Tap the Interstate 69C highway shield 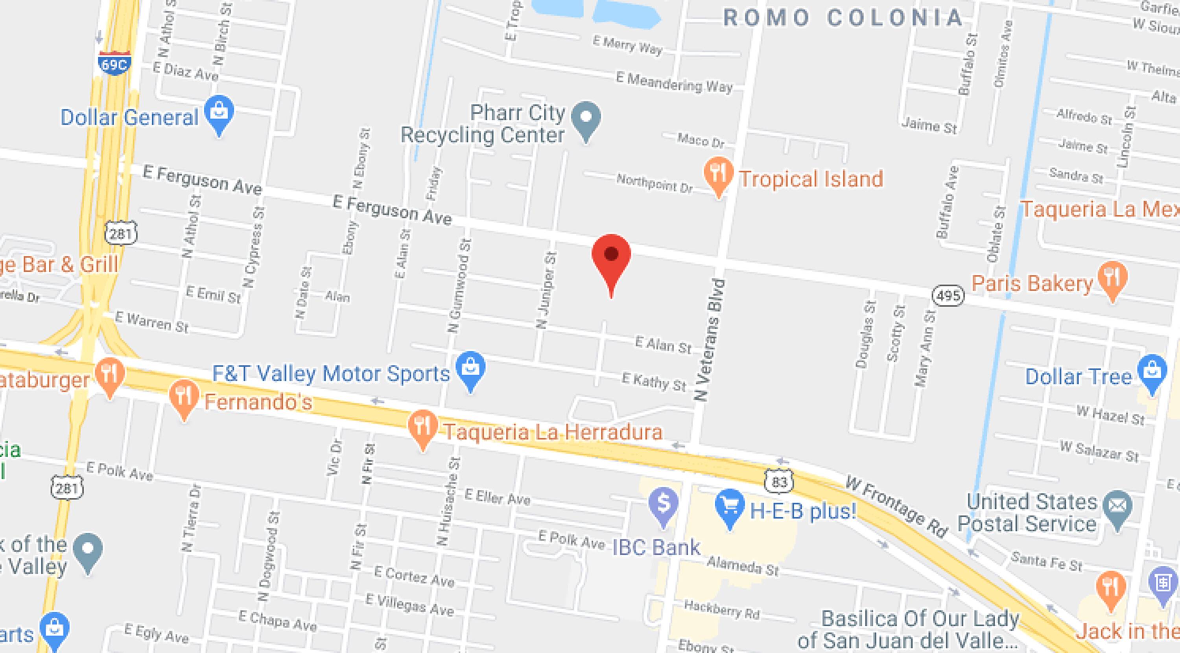(x=114, y=63)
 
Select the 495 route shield (x=948, y=295)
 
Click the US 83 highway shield (x=779, y=481)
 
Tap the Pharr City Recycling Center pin (x=586, y=119)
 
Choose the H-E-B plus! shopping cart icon (x=729, y=506)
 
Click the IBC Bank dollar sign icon (x=663, y=504)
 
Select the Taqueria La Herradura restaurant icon (x=422, y=426)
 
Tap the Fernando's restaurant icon (x=184, y=397)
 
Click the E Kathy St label (x=654, y=382)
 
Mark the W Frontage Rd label (x=896, y=506)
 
